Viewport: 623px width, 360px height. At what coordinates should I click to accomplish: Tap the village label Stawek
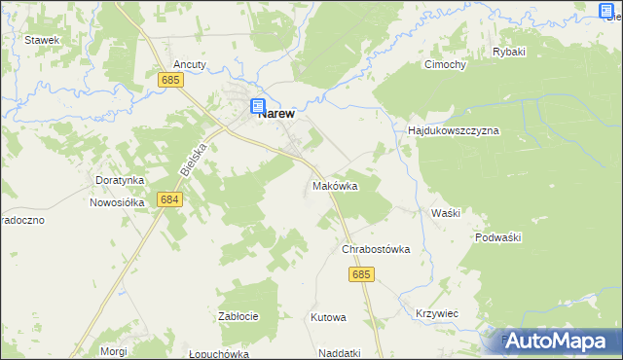(x=43, y=40)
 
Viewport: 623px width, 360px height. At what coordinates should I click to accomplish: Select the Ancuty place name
(x=190, y=64)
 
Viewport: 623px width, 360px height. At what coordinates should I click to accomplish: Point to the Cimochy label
(x=445, y=65)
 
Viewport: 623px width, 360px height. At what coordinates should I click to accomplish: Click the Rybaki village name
(x=509, y=52)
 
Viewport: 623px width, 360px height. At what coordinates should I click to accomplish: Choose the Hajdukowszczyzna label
(x=454, y=130)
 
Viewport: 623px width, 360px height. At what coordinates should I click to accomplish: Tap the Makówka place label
(x=335, y=185)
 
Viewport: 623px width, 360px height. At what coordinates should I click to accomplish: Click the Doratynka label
(x=120, y=180)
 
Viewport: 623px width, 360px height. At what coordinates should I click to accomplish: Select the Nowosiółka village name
(x=117, y=202)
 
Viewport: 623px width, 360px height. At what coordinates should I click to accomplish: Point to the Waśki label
(x=445, y=212)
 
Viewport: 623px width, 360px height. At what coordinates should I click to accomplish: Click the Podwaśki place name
(x=500, y=237)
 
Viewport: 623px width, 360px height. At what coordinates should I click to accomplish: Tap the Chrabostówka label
(x=376, y=249)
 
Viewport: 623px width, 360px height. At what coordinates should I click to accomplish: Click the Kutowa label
(x=328, y=317)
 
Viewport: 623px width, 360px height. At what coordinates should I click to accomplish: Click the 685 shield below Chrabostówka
(x=360, y=275)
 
